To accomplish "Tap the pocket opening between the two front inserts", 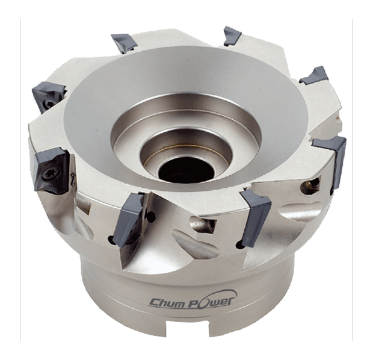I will tap(199, 223).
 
